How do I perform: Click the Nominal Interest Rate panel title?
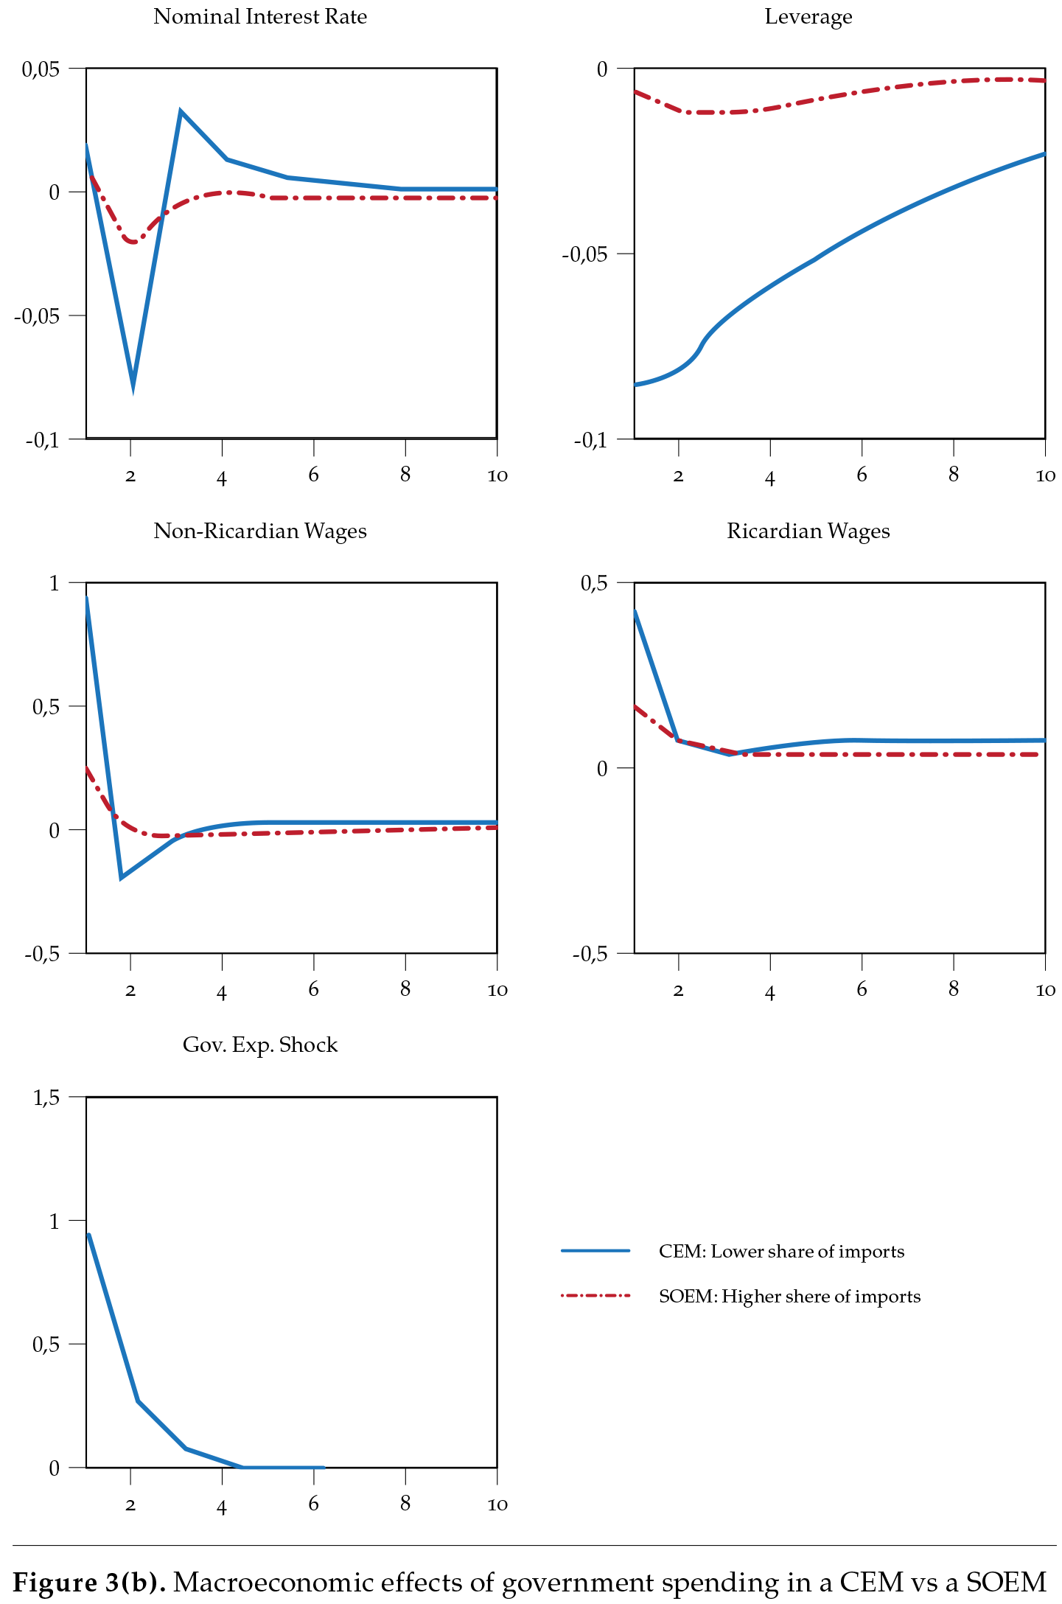(x=259, y=17)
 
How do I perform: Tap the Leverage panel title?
(x=808, y=17)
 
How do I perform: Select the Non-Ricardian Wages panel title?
(x=259, y=531)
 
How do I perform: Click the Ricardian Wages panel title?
(x=808, y=531)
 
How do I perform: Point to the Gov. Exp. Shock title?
(x=259, y=1045)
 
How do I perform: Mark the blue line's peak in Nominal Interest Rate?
(x=181, y=112)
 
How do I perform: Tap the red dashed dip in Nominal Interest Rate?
(x=133, y=242)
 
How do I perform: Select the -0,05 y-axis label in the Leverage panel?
(x=584, y=255)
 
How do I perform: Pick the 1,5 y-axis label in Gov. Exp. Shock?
(x=46, y=1098)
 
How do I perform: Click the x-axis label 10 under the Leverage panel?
(x=1044, y=476)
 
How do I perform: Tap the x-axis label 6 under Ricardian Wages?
(x=862, y=990)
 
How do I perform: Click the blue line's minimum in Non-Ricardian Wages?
(x=122, y=877)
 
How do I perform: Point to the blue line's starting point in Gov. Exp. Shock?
(x=88, y=1235)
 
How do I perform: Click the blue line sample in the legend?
(x=595, y=1251)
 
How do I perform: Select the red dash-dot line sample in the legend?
(x=595, y=1295)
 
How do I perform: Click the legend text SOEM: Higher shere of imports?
(x=789, y=1297)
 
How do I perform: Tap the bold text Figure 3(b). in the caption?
(x=89, y=1582)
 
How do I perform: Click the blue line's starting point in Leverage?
(x=636, y=385)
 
